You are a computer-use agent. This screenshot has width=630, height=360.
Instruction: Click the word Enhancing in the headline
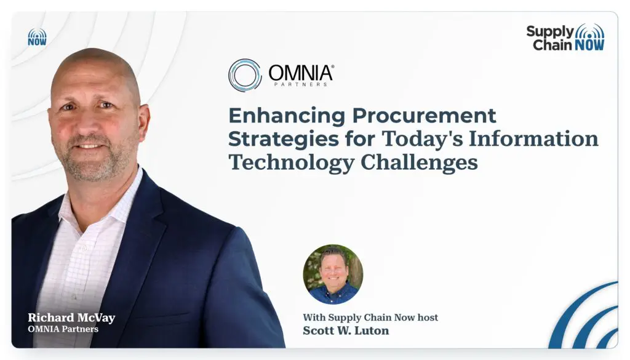287,116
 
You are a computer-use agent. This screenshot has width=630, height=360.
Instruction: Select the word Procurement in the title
425,115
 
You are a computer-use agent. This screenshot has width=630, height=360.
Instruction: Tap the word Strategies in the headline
284,140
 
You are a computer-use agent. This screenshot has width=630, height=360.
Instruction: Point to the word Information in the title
533,138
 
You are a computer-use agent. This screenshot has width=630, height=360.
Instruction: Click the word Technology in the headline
291,163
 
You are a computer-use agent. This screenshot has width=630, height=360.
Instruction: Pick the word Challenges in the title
419,163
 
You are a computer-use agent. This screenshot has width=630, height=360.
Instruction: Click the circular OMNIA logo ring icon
245,75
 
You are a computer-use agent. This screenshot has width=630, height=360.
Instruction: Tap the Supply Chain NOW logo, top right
565,38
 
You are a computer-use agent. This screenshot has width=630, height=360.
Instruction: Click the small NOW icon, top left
38,37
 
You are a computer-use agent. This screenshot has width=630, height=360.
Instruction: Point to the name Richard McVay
71,318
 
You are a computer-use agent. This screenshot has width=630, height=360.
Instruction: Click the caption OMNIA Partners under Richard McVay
63,329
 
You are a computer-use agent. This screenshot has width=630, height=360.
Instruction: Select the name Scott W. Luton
346,330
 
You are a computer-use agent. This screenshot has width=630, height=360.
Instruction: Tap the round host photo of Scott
333,274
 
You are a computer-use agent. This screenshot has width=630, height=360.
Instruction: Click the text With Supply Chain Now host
370,318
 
